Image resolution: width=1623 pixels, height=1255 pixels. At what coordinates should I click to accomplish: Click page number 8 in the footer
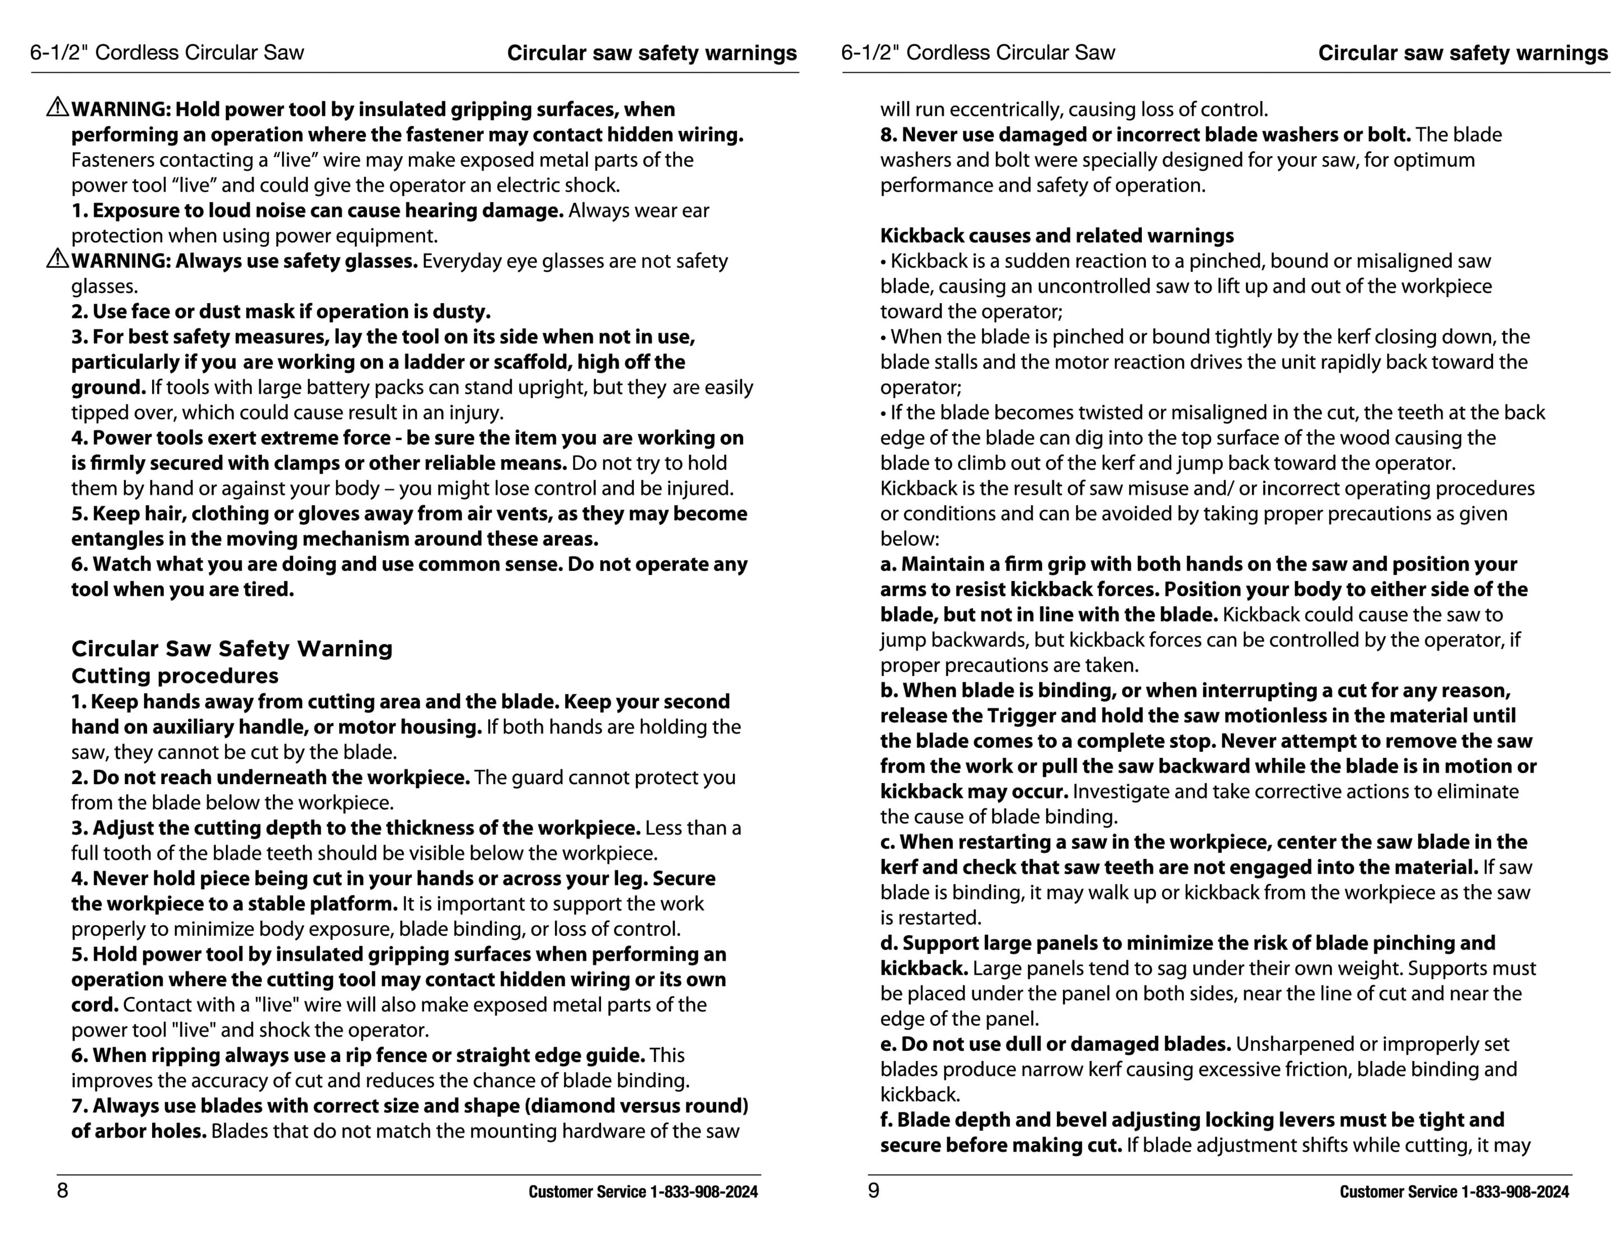63,1190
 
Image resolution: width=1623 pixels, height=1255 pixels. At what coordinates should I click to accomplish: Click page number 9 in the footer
873,1190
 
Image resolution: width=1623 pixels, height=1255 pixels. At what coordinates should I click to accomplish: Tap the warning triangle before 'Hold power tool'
57,108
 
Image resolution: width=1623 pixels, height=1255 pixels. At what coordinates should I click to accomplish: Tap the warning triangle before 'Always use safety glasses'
57,260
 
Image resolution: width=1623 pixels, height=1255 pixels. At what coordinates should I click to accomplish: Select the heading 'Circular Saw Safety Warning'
231,649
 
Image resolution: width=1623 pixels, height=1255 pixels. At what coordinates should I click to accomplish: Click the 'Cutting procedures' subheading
175,676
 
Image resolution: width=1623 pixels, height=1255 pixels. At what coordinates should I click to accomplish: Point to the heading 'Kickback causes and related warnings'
1056,235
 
